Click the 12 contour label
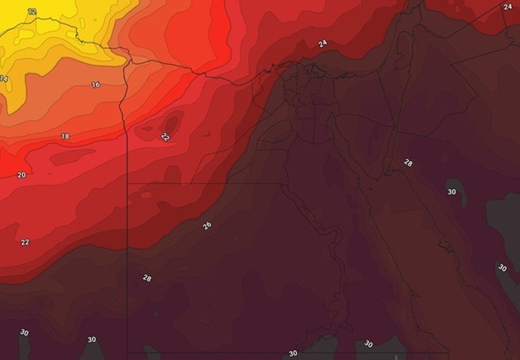click(32, 11)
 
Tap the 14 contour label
click(3, 79)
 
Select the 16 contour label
click(96, 85)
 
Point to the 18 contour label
click(65, 136)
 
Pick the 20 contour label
click(21, 175)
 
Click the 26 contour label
click(207, 226)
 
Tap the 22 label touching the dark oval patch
click(165, 137)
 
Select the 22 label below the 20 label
click(25, 242)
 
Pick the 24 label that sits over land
click(508, 7)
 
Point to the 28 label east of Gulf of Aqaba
click(408, 163)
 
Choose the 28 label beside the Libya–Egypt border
click(147, 278)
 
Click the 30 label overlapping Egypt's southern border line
click(293, 353)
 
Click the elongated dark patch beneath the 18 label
click(73, 157)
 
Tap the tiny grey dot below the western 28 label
click(155, 314)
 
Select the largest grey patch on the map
click(502, 213)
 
